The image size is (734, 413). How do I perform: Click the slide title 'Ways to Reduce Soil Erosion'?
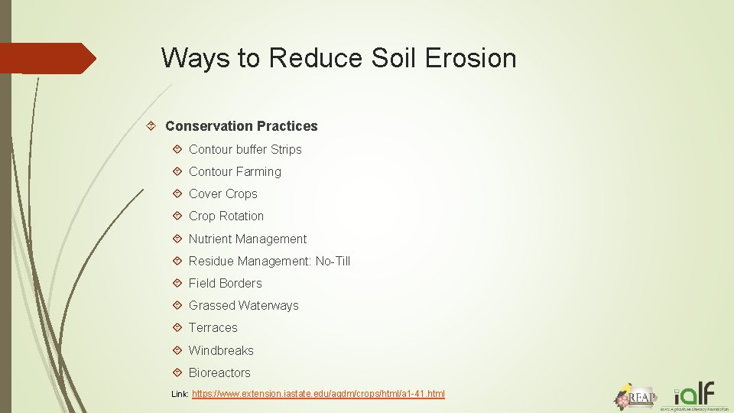[x=339, y=58]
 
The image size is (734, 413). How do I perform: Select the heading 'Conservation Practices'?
[x=241, y=126]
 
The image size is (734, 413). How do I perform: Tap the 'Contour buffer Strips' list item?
[x=245, y=149]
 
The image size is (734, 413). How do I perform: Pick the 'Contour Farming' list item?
[x=235, y=171]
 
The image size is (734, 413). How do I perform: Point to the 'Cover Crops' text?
[x=222, y=194]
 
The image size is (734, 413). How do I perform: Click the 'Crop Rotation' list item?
[x=226, y=216]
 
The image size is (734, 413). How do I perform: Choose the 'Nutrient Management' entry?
[x=247, y=239]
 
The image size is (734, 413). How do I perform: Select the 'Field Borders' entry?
[x=225, y=283]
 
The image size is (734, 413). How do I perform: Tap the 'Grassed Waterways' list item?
[x=243, y=305]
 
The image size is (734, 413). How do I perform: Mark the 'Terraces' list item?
[x=213, y=327]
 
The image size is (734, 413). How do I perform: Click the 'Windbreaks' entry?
[x=221, y=350]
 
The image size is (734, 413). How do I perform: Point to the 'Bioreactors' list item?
[x=219, y=372]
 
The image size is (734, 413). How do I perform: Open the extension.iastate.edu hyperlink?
[x=318, y=394]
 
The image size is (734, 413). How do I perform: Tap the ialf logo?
[x=699, y=395]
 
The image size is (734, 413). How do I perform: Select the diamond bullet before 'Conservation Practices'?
[x=154, y=126]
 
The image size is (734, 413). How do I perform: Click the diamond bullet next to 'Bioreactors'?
[x=177, y=372]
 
